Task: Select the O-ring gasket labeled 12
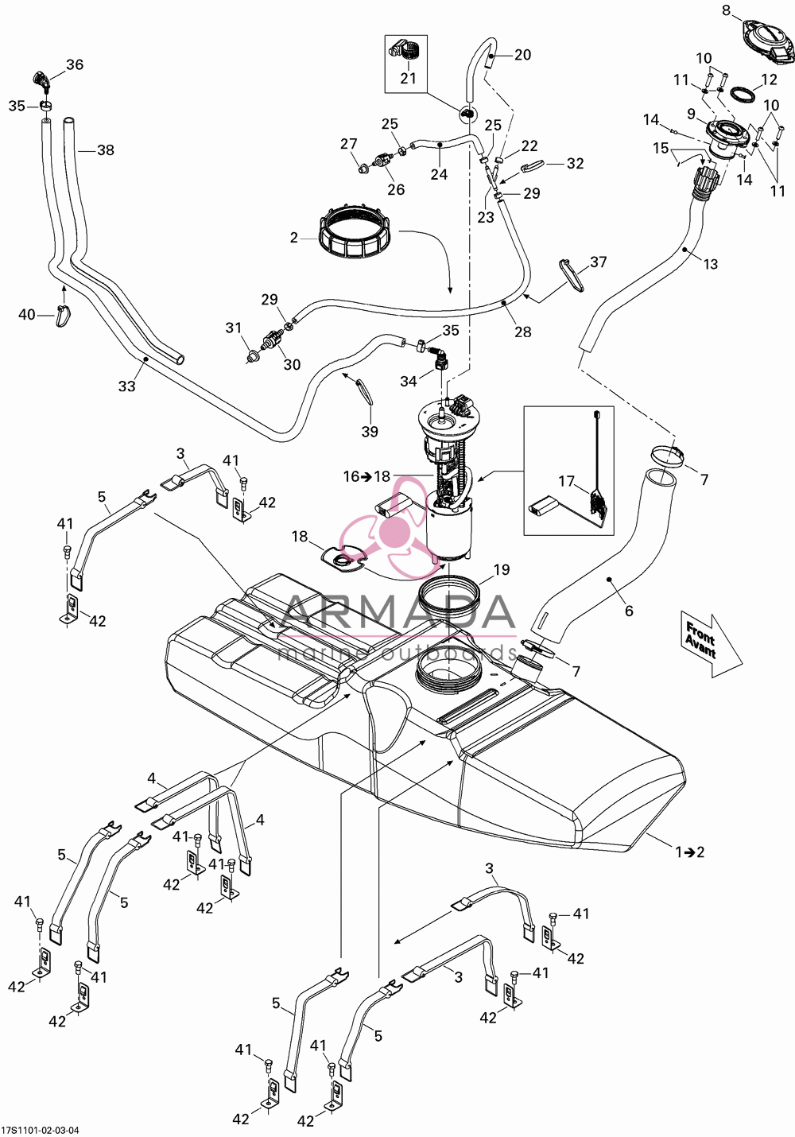(745, 95)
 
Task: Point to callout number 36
(74, 65)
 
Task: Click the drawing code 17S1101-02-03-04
(40, 1129)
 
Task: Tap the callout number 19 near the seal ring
(501, 569)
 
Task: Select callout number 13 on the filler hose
(712, 264)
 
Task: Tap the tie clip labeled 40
(64, 316)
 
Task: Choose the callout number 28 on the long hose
(522, 332)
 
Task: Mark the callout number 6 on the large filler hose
(629, 611)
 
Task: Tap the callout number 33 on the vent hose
(127, 386)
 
